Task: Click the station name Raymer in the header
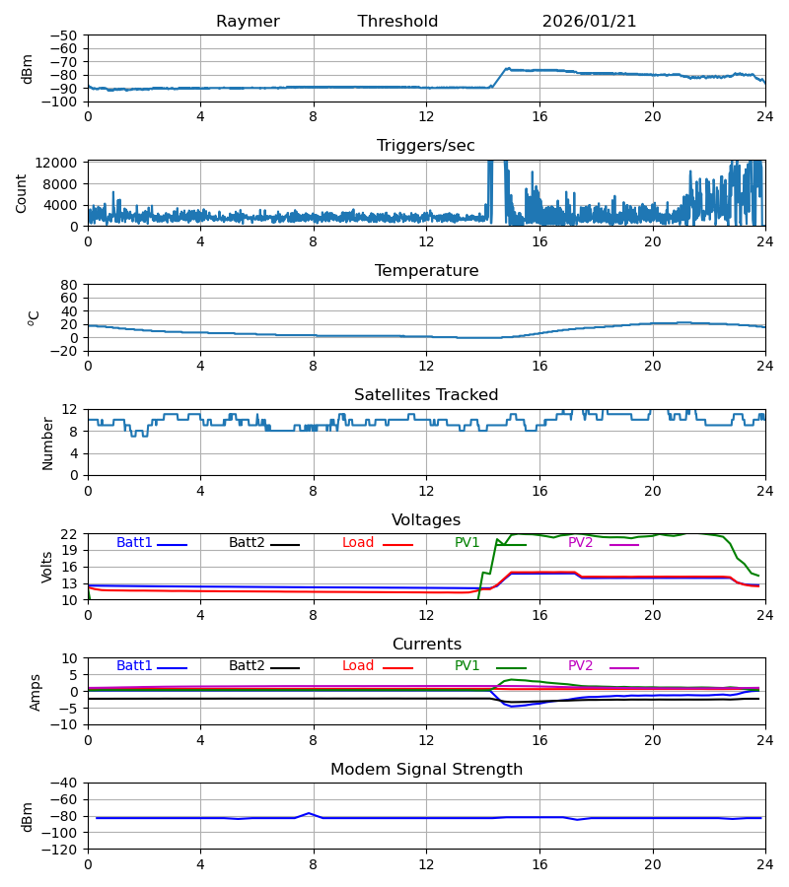pyautogui.click(x=248, y=22)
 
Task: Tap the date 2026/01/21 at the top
pyautogui.click(x=589, y=22)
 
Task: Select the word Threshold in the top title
pyautogui.click(x=397, y=22)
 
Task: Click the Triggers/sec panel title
pyautogui.click(x=426, y=146)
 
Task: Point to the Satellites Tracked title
pyautogui.click(x=426, y=395)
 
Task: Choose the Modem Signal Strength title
pyautogui.click(x=426, y=770)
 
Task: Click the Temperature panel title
pyautogui.click(x=426, y=271)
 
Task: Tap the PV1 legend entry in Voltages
pyautogui.click(x=467, y=543)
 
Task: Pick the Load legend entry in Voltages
pyautogui.click(x=358, y=543)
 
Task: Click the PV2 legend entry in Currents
pyautogui.click(x=581, y=666)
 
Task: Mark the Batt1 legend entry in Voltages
pyautogui.click(x=135, y=543)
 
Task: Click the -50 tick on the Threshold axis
pyautogui.click(x=68, y=35)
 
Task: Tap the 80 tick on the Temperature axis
pyautogui.click(x=70, y=285)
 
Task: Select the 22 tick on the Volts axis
pyautogui.click(x=70, y=534)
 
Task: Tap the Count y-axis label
pyautogui.click(x=22, y=193)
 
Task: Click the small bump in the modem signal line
pyautogui.click(x=309, y=813)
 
